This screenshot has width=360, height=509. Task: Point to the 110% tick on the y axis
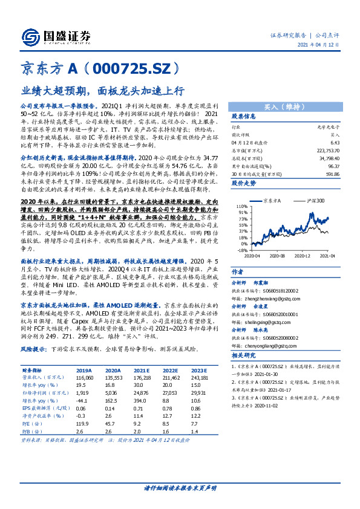240,206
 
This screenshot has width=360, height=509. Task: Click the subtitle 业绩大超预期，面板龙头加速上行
103,92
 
